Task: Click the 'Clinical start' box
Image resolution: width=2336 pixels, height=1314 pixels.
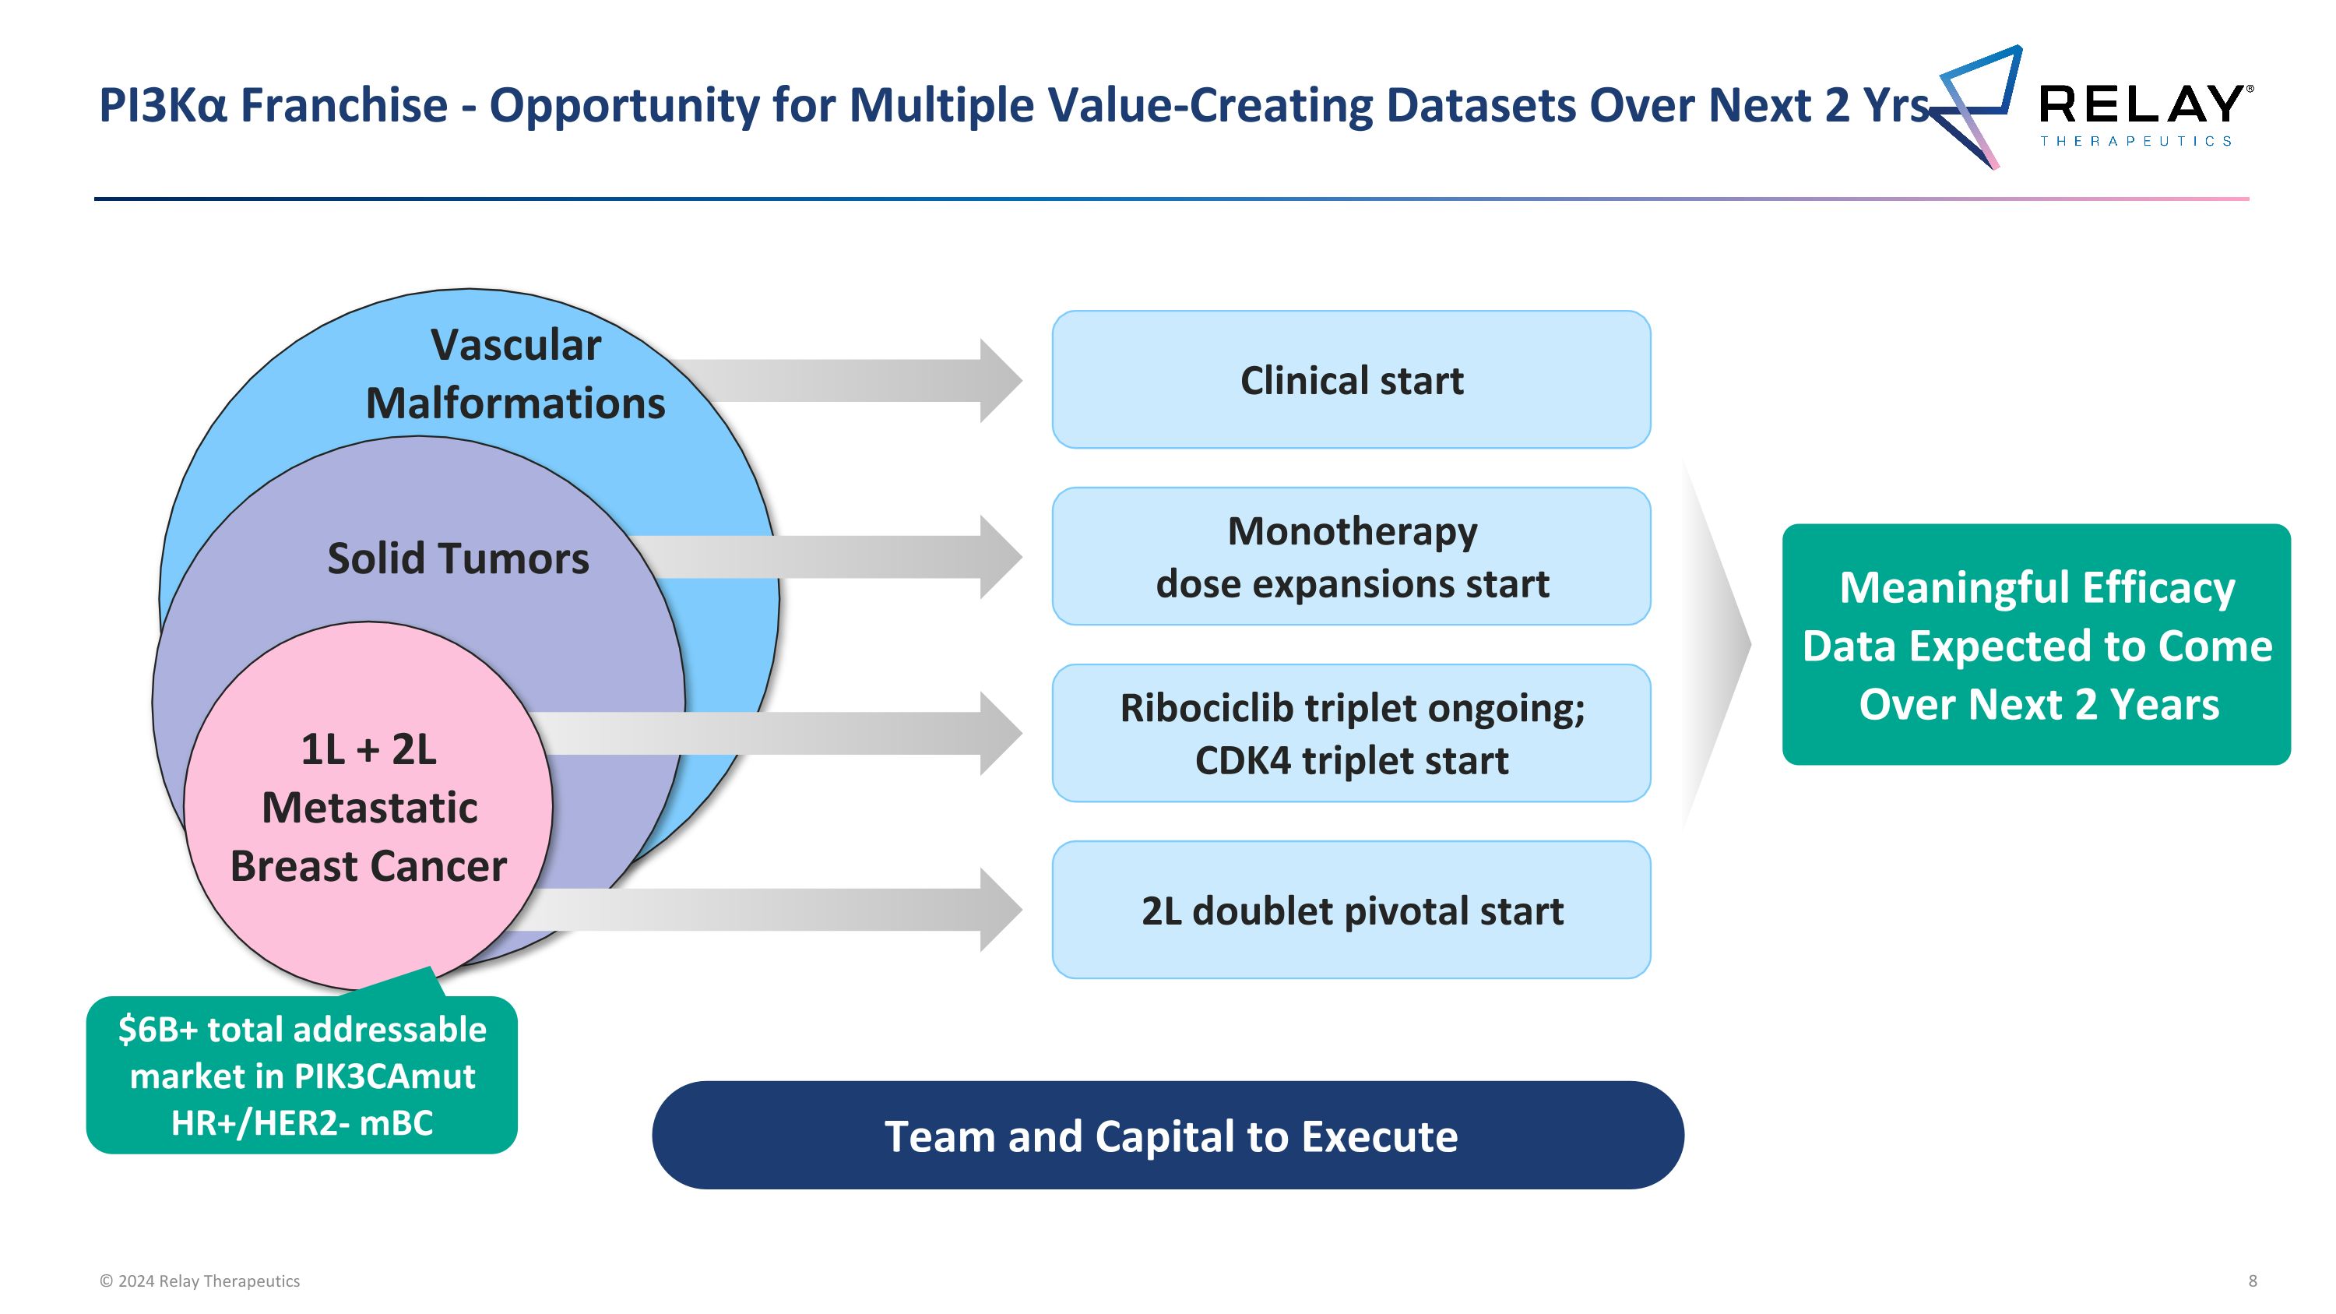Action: click(x=1350, y=380)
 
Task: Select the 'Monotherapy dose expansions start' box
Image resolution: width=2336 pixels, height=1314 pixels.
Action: click(x=1350, y=557)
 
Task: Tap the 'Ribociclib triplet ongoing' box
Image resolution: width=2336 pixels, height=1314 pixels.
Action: click(x=1350, y=734)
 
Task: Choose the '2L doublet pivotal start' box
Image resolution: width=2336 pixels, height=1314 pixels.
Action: click(x=1350, y=911)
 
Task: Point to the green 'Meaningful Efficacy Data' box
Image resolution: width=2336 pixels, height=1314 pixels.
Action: click(x=2037, y=645)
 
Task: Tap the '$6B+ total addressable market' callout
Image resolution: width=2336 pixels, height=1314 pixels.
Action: click(x=302, y=1076)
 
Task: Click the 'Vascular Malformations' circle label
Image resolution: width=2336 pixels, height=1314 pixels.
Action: click(x=515, y=374)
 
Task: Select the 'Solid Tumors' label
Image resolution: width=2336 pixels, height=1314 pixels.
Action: click(x=458, y=558)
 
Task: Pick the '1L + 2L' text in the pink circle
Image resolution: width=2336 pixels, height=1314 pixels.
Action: click(x=368, y=750)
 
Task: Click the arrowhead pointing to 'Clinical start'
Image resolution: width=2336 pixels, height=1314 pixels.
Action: click(x=999, y=381)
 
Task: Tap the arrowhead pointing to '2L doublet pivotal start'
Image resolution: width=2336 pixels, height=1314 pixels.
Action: click(x=999, y=910)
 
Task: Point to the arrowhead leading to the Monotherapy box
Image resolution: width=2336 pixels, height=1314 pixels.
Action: click(x=999, y=557)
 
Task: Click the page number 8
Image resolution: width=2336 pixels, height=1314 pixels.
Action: click(x=2253, y=1281)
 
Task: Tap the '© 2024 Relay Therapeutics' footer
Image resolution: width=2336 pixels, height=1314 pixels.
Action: click(x=199, y=1281)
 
